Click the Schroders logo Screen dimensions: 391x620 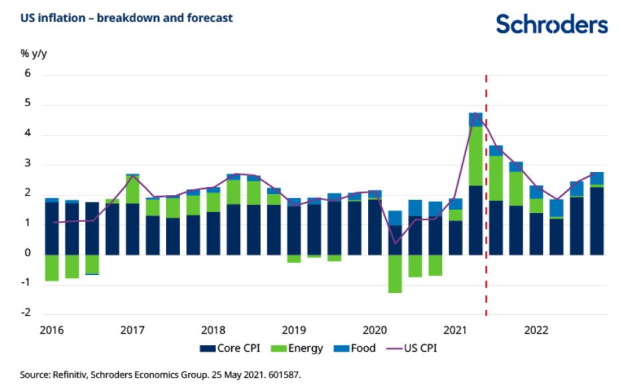point(551,24)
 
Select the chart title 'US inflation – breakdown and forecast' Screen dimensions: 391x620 point(127,18)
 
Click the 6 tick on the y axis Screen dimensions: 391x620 point(28,75)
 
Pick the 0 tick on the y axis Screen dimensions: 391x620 point(28,254)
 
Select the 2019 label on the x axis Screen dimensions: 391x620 point(293,330)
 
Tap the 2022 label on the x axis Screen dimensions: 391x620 point(536,330)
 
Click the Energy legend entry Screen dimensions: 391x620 point(299,348)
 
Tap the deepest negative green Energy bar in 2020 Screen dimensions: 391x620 point(395,274)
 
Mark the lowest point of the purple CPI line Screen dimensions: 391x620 point(395,244)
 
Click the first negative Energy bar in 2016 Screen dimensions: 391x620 point(51,268)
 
